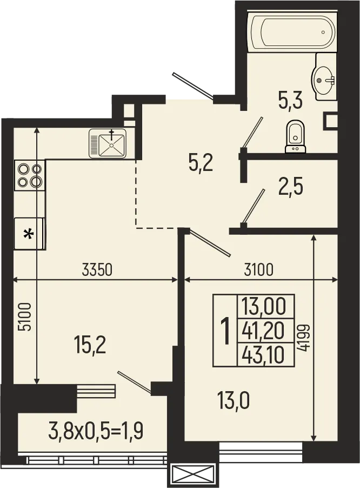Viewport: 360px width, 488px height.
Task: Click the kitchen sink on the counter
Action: tap(108, 143)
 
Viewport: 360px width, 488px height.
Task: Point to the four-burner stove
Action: tap(29, 175)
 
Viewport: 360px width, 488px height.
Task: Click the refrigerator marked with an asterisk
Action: tap(29, 233)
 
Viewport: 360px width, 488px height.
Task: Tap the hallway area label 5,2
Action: tap(201, 162)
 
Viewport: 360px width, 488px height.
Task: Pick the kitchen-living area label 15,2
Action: tap(90, 345)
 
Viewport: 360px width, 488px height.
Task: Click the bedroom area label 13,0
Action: tap(234, 402)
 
